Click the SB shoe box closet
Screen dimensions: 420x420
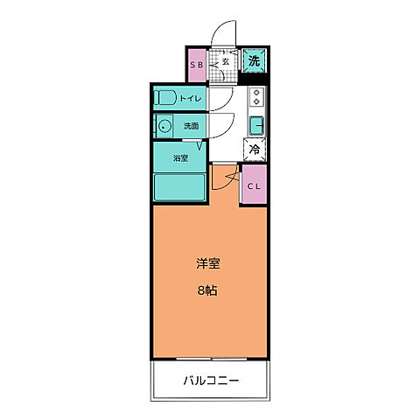tap(197, 64)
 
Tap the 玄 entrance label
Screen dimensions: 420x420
tap(225, 62)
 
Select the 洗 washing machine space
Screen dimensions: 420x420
tap(254, 61)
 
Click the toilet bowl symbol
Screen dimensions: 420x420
tap(165, 98)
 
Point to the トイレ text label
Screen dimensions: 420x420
tap(191, 99)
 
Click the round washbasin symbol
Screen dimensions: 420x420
tap(164, 126)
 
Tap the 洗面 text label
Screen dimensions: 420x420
tap(192, 126)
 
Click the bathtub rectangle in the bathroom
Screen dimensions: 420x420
tap(179, 186)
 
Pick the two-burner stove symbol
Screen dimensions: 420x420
tap(256, 97)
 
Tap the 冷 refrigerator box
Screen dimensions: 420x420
tap(255, 150)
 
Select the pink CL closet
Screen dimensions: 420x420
tap(254, 185)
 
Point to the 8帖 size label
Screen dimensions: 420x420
tap(206, 290)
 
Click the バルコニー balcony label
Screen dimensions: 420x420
tap(211, 381)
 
